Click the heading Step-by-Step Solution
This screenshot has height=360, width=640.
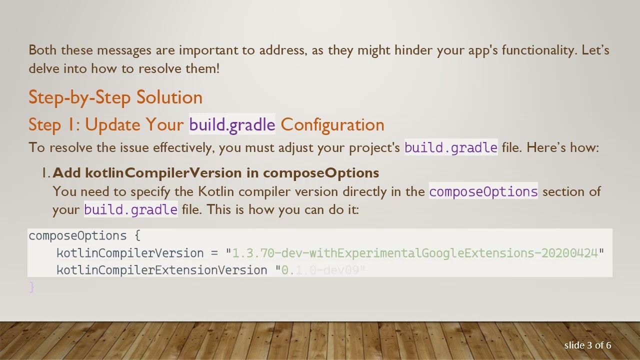tap(115, 97)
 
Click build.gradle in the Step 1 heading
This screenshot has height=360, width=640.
tap(232, 125)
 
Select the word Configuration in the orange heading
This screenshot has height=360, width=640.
tap(332, 125)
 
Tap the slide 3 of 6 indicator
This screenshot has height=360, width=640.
tap(587, 345)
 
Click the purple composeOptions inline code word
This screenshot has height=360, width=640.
tap(483, 192)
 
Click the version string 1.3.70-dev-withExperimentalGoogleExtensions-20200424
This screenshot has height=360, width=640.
tap(415, 253)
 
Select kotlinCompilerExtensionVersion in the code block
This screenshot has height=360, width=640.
tap(162, 270)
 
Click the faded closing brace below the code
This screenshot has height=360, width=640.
tap(32, 287)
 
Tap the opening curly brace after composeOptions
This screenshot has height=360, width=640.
tap(137, 235)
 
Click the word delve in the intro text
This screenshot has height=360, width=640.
tap(44, 69)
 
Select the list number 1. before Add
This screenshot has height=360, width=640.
tap(46, 173)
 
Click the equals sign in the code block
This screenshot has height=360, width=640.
tap(214, 253)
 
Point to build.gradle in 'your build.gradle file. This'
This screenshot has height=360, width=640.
tap(130, 210)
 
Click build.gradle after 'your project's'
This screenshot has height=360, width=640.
tap(450, 148)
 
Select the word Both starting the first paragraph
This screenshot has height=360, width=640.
tap(42, 50)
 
